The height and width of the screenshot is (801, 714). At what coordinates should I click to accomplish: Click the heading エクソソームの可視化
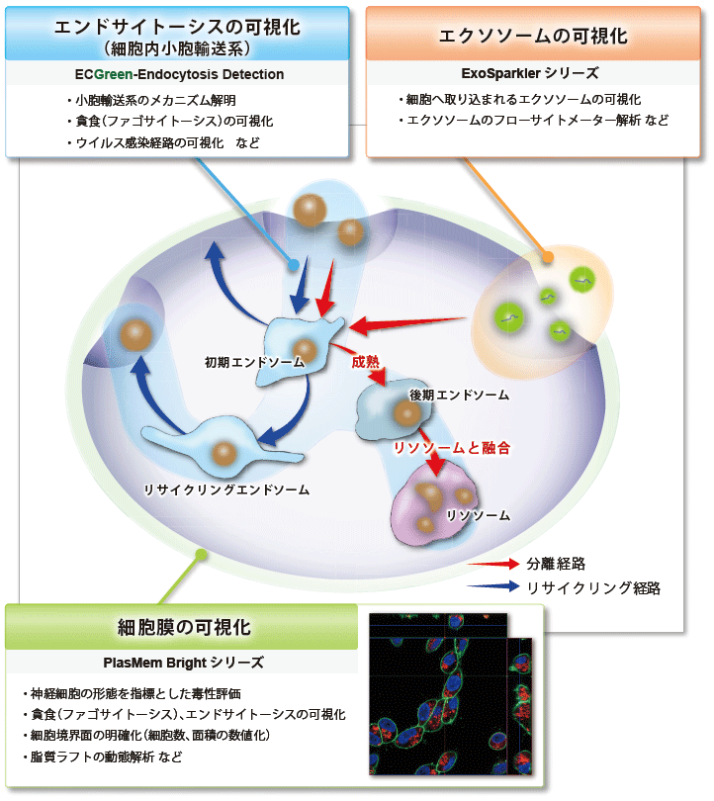click(x=533, y=36)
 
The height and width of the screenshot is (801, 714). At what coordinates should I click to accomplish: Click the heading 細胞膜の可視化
click(x=184, y=627)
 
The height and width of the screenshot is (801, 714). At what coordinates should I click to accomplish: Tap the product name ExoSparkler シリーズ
click(x=530, y=73)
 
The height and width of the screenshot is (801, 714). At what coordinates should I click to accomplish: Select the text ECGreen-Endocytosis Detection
click(x=179, y=74)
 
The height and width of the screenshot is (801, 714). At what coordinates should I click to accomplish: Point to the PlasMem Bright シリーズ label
click(x=183, y=663)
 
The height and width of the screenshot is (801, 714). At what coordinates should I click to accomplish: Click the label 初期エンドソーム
click(x=254, y=362)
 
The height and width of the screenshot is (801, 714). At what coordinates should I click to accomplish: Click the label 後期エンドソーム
click(x=459, y=395)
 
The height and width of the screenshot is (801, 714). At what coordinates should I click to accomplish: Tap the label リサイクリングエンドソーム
click(x=226, y=489)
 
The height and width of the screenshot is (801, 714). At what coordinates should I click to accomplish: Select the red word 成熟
click(x=366, y=362)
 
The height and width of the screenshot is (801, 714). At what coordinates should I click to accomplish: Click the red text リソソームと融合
click(x=452, y=448)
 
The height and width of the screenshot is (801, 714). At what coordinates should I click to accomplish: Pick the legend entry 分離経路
click(x=556, y=564)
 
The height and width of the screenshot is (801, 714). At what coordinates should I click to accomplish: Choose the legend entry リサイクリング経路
click(x=593, y=588)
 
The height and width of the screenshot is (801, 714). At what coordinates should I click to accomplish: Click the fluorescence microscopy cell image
click(x=451, y=694)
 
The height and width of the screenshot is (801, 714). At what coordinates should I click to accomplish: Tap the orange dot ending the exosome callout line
click(x=547, y=256)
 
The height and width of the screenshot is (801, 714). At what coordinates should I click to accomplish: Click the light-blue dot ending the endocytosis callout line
click(x=293, y=265)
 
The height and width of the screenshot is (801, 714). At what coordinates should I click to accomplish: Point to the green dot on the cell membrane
click(x=202, y=555)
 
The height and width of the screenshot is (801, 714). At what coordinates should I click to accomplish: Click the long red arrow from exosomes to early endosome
click(x=407, y=324)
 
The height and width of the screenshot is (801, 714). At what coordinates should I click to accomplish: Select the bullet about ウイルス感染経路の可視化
click(x=163, y=142)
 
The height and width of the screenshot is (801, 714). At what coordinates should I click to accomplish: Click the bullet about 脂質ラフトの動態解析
click(x=102, y=756)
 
